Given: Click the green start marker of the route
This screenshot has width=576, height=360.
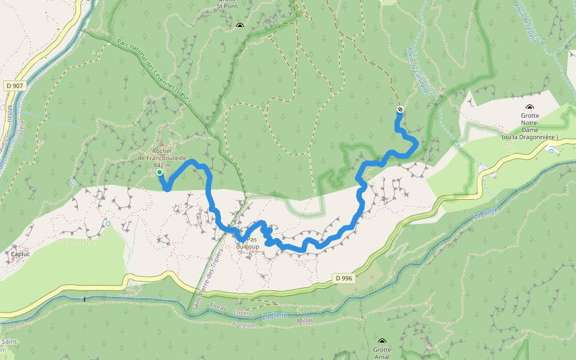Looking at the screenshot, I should coord(160,172).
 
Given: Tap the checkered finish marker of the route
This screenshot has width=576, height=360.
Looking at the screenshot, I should coord(400,109).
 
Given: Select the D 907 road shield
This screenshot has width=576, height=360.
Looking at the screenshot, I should coord(15,86).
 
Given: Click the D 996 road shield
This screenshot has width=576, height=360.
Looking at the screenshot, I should coord(344,278).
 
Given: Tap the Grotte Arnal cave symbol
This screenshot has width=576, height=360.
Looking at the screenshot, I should coord(382,341).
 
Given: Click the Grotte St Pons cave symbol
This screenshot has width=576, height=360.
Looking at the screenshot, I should coord(240,25).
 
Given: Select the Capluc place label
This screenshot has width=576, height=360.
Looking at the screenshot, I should coord(20,254).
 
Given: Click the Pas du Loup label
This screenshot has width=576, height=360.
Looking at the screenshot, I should coord(247,243).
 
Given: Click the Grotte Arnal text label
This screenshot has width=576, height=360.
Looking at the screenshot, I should coord(382,353).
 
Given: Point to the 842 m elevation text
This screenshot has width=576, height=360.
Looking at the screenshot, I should coord(162,165).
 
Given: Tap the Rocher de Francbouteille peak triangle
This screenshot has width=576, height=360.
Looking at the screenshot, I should coord(160,144).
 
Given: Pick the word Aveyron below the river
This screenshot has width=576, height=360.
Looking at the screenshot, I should coord(243,325).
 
